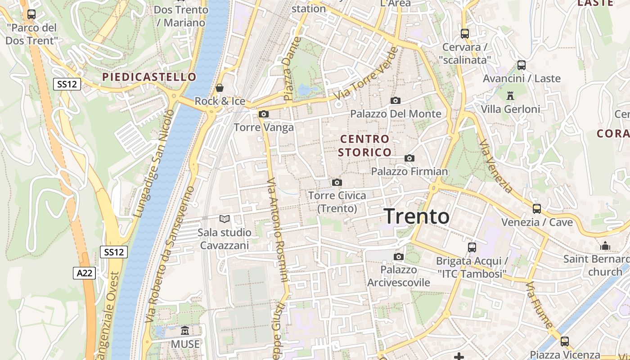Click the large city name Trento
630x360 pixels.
(416, 216)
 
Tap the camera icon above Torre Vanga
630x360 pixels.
(264, 114)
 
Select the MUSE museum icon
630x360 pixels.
(185, 331)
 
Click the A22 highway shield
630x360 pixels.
(84, 273)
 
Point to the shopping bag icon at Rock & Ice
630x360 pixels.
(220, 87)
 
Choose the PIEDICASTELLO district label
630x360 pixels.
(149, 77)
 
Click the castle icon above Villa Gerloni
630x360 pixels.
(510, 95)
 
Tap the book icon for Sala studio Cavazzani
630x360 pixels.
(224, 219)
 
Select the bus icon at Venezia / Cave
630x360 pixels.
(536, 209)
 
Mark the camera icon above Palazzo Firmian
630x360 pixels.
(409, 158)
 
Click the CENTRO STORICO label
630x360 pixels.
(364, 145)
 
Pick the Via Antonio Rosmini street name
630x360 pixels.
(277, 229)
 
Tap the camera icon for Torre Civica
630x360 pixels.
(337, 182)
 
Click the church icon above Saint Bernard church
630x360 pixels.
(605, 246)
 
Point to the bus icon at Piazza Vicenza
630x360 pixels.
(565, 342)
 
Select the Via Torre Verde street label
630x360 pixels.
(366, 73)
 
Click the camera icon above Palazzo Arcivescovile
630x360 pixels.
(398, 257)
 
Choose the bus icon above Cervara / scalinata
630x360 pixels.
(464, 34)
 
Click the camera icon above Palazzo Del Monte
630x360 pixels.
(396, 100)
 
